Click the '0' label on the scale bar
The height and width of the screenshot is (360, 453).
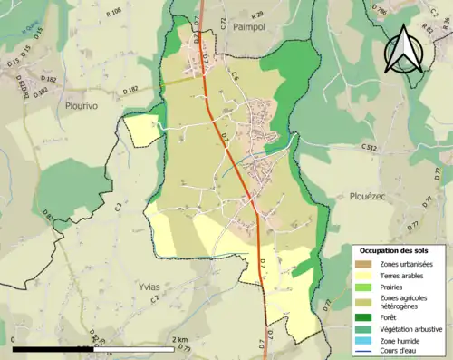(14, 339)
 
